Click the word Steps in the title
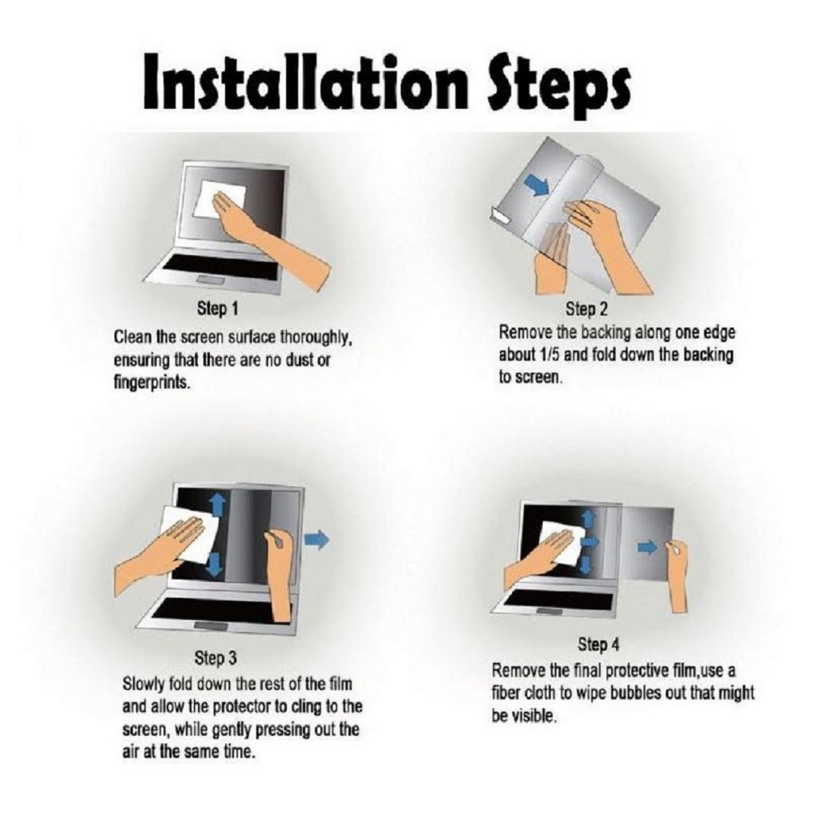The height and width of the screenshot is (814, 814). point(560,87)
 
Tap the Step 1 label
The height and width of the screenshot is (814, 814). point(218,309)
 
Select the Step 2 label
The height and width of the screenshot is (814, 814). point(586,309)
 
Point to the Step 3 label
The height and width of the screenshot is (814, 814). point(215,658)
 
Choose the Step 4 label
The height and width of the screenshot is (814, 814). point(598,645)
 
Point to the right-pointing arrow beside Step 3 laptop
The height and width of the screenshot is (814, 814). point(316,540)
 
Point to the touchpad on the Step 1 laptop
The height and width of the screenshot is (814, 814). point(210,281)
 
